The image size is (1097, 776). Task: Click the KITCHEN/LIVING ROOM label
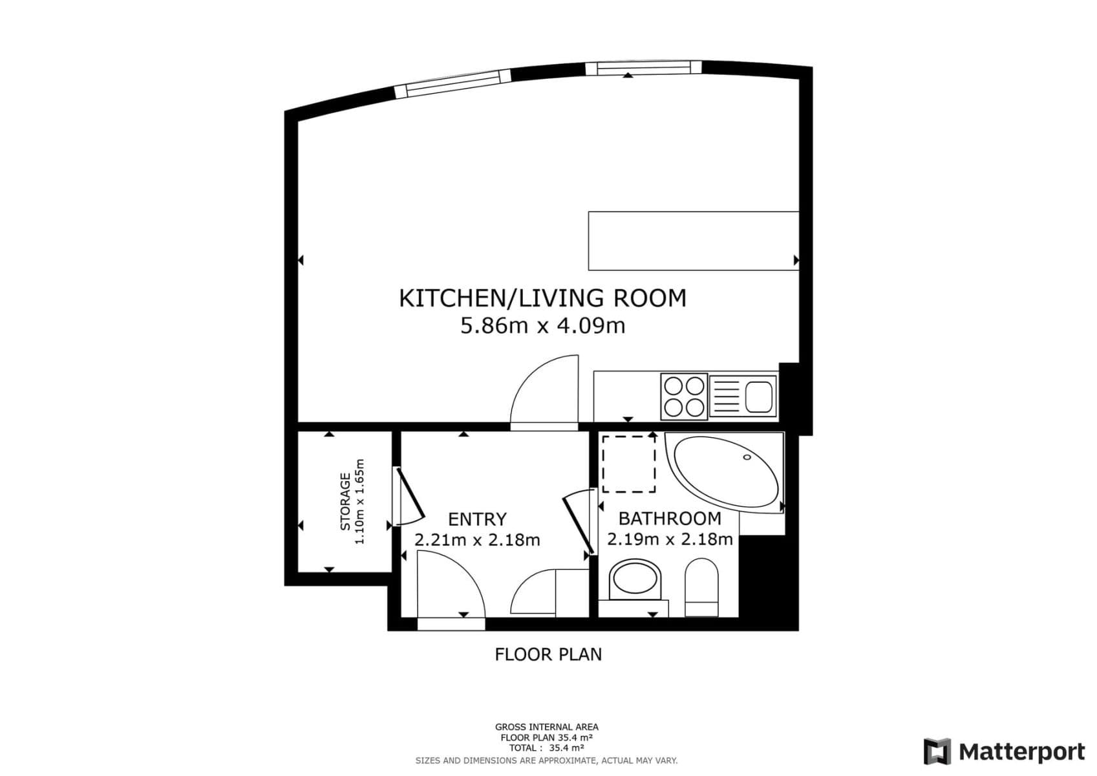(x=542, y=298)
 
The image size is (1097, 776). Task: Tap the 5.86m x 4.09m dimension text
(x=542, y=325)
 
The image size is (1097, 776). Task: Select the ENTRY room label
(x=477, y=519)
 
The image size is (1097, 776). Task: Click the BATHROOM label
(x=670, y=519)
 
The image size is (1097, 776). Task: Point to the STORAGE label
(x=346, y=502)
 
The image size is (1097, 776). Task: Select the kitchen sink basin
(x=758, y=396)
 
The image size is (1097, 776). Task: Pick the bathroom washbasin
(x=637, y=580)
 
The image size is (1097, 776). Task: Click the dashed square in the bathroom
(x=629, y=464)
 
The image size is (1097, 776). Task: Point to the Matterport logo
(x=1004, y=751)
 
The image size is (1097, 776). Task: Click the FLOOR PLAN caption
(x=548, y=654)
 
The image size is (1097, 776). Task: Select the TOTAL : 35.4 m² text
(x=546, y=748)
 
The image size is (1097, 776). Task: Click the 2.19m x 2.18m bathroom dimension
(x=670, y=539)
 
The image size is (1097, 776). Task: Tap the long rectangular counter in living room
(x=693, y=241)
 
